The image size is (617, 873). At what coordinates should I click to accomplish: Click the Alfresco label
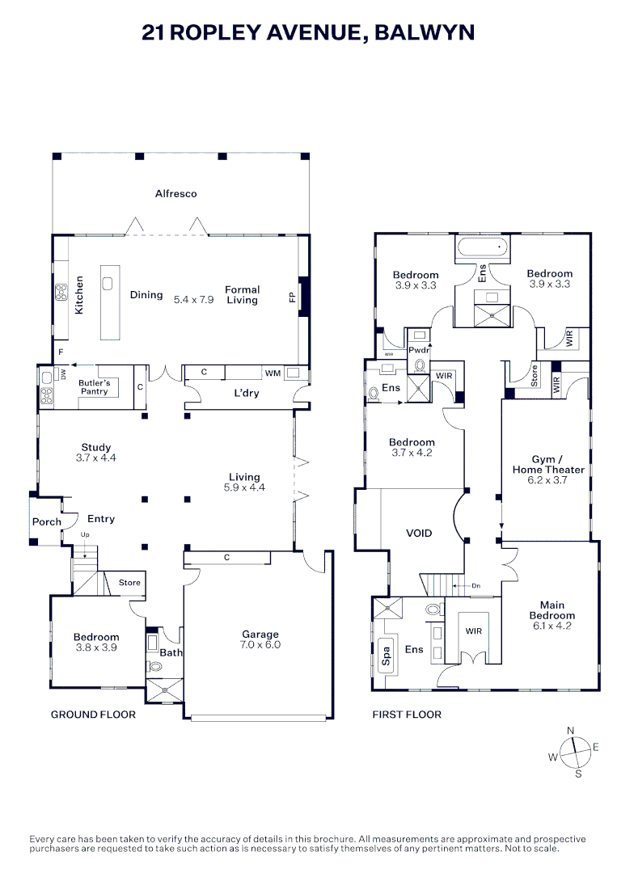point(176,194)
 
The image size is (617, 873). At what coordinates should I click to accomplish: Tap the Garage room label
point(260,635)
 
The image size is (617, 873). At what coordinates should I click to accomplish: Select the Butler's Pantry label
point(94,387)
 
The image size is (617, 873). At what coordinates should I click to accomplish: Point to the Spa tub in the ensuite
point(386,655)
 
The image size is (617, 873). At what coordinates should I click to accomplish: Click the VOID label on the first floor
point(419,533)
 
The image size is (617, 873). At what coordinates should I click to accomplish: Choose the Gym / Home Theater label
point(548,464)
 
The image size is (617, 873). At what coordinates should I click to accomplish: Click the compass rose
point(575,753)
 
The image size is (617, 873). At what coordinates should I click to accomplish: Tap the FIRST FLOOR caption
point(407,715)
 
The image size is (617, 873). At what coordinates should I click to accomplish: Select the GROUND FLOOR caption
point(93,715)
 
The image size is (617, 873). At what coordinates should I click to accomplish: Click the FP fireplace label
point(292,297)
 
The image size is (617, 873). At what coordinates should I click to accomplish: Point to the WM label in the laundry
point(273,373)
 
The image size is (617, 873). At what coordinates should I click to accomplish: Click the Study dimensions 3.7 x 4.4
point(95,458)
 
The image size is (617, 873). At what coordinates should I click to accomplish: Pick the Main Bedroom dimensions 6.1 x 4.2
point(551,625)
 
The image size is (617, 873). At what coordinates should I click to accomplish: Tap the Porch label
point(46,521)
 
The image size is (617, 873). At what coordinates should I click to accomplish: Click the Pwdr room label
point(419,350)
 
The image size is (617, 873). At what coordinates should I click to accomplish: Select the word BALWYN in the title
point(425,32)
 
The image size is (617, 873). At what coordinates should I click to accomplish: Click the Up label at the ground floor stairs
point(85,534)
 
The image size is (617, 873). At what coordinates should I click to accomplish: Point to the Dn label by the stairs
point(475,586)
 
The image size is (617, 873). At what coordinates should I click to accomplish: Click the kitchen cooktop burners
point(61,293)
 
